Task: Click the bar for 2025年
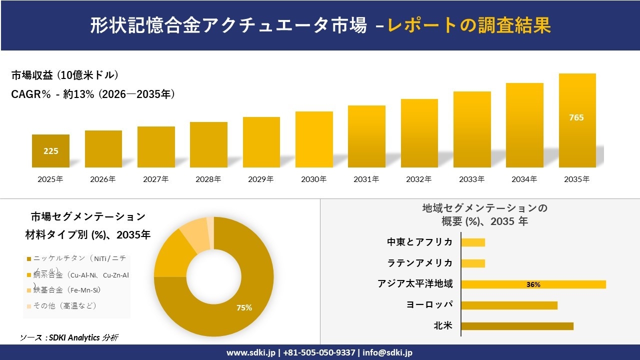[x=50, y=150]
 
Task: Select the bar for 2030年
[x=314, y=139]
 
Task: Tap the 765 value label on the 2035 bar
[x=576, y=117]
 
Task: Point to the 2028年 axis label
[x=208, y=179]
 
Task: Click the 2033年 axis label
[x=471, y=179]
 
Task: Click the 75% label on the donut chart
[x=244, y=308]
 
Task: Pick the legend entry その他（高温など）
[x=64, y=305]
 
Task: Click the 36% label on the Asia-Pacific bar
[x=533, y=284]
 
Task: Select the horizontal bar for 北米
[x=517, y=326]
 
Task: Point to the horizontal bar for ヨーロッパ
[x=509, y=305]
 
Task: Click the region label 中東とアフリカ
[x=419, y=242]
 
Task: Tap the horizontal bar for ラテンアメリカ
[x=473, y=263]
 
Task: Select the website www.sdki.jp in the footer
[x=250, y=352]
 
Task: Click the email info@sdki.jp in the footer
[x=387, y=352]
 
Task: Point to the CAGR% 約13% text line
[x=93, y=94]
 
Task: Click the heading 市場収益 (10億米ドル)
[x=65, y=75]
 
